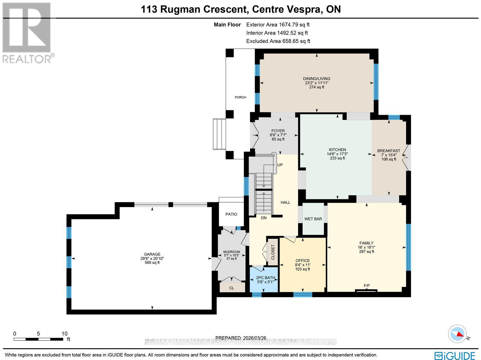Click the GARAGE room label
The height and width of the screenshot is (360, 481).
(152, 254)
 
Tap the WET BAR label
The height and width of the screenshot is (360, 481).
(313, 219)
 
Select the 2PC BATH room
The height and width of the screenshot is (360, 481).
(264, 280)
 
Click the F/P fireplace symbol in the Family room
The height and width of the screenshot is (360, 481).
(366, 290)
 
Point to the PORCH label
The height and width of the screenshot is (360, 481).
(240, 97)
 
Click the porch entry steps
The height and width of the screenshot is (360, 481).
(219, 134)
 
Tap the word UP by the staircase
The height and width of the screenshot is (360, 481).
(280, 165)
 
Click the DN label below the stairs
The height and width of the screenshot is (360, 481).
(264, 218)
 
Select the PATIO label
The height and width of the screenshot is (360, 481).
(231, 214)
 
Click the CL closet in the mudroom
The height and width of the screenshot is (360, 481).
(231, 288)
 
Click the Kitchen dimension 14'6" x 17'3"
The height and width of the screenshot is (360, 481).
(337, 154)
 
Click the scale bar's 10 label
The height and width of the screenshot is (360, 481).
(64, 334)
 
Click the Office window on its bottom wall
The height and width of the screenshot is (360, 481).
(302, 295)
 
